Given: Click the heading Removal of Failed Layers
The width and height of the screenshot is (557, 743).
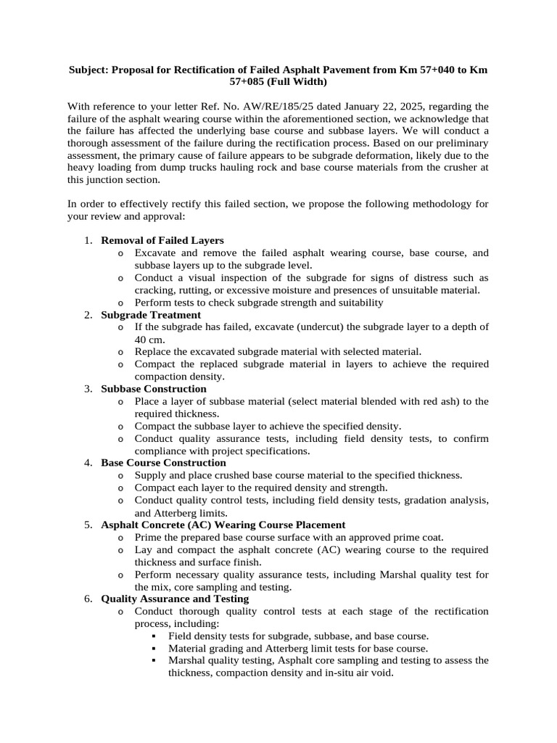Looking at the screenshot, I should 162,240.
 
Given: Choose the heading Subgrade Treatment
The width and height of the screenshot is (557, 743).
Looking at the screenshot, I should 151,315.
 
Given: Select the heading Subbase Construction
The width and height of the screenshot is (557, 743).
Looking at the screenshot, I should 154,389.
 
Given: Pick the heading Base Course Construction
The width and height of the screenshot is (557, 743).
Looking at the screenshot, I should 163,463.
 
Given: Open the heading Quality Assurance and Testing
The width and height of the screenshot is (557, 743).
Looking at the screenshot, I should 175,599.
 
